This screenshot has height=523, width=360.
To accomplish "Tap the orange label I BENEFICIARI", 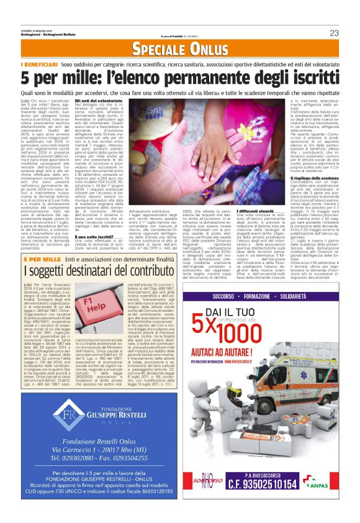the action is [x=39, y=65].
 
